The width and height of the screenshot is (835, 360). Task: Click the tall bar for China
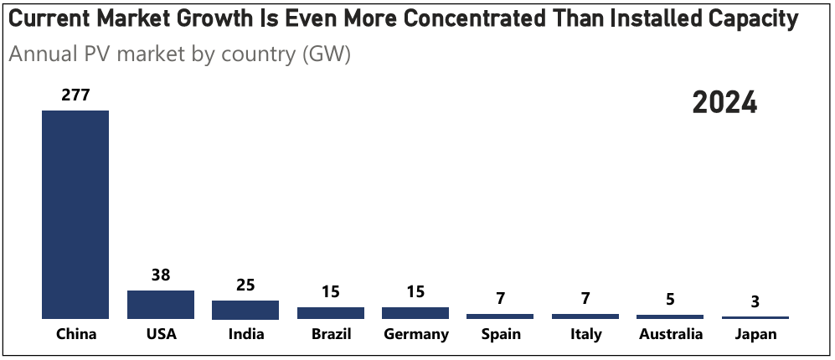pos(75,214)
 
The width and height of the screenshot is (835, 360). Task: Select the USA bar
pos(161,305)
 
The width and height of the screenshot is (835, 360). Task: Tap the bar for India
pos(245,310)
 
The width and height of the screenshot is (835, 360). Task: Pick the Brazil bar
pos(331,313)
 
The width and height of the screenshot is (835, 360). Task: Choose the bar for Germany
pos(415,313)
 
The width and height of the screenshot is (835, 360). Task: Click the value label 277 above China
pos(75,95)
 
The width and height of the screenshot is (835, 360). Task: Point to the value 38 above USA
pos(161,275)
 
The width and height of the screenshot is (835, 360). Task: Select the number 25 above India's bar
pos(245,285)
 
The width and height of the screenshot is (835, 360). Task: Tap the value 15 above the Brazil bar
pos(331,292)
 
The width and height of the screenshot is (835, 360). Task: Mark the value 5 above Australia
pos(670,300)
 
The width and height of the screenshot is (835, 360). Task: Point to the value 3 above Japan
pos(755,301)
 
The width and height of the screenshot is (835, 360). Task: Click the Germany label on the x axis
pos(416,335)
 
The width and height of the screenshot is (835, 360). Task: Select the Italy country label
pos(585,335)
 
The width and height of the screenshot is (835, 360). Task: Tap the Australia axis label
pos(670,335)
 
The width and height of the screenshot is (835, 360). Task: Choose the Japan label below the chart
pos(755,335)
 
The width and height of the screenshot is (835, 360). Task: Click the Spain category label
pos(501,335)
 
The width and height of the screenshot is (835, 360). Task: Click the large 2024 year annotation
pos(724,103)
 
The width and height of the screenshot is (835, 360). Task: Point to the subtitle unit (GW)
pos(327,55)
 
